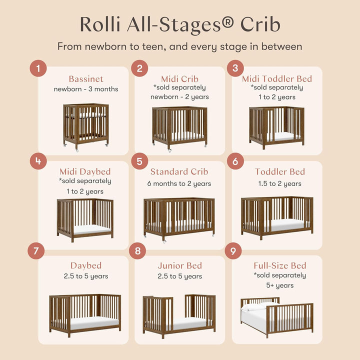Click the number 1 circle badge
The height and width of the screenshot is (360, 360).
coord(38,68)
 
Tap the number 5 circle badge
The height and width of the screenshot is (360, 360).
coord(139,162)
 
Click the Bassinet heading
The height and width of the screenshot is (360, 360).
coord(86,79)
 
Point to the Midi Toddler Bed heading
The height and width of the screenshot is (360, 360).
coord(276,79)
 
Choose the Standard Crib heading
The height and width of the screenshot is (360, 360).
coord(178,172)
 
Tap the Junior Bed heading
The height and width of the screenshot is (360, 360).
coord(179,265)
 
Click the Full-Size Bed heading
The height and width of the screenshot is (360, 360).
coord(279,265)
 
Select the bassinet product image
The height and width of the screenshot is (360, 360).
coord(85,124)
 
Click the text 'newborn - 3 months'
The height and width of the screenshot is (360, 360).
coord(86,89)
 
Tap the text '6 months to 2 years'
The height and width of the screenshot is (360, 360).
coord(179,183)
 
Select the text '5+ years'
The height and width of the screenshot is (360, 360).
coord(279,285)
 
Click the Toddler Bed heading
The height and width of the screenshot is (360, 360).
coord(279,172)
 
